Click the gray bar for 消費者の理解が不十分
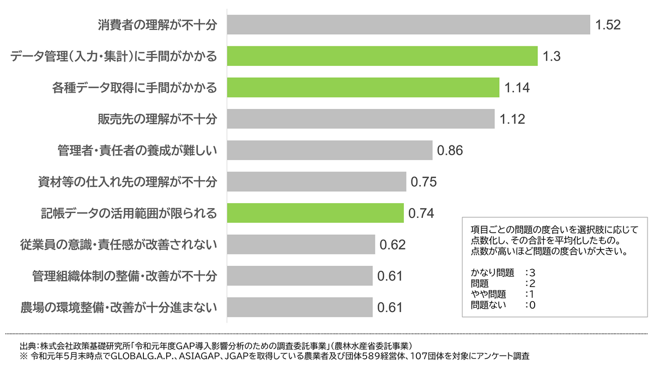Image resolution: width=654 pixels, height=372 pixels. [x=408, y=25]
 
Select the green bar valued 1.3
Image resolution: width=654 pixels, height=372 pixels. [x=382, y=56]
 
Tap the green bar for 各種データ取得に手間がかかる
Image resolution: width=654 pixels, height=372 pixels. [x=363, y=88]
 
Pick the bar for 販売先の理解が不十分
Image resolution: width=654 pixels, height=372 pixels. [x=360, y=119]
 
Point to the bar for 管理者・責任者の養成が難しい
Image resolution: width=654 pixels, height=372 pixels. [x=329, y=150]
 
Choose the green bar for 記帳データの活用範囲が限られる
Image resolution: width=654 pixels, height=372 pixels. [x=315, y=213]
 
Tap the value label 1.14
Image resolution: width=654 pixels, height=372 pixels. [x=517, y=88]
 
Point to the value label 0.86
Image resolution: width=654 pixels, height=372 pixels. [x=450, y=151]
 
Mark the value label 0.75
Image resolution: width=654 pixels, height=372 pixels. [x=424, y=182]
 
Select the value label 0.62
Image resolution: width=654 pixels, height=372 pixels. [x=393, y=245]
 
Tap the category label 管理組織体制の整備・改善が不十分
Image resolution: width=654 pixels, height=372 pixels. [x=125, y=276]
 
